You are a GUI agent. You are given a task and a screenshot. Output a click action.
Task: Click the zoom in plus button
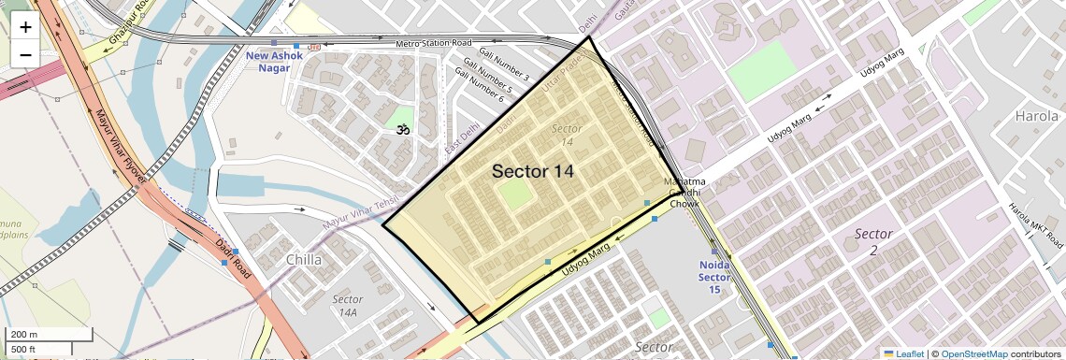click(25, 27)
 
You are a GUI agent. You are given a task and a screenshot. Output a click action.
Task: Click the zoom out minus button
click(25, 54)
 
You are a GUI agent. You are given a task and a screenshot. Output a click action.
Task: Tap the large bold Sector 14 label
click(532, 172)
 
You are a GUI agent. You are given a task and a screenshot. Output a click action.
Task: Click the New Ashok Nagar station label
click(274, 62)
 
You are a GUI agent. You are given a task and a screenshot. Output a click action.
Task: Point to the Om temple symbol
click(403, 130)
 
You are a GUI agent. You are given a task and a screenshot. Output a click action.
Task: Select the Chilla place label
click(304, 260)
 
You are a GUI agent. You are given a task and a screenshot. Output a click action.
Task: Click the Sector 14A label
click(347, 306)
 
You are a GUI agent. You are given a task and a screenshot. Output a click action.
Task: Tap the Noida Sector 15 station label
click(714, 277)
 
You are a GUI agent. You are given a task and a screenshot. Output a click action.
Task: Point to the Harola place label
click(1037, 117)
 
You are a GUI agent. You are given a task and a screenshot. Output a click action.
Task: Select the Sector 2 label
click(873, 241)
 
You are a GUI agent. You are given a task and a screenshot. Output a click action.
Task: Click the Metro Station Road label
click(434, 43)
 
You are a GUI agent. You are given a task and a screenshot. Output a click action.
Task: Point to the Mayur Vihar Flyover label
click(121, 150)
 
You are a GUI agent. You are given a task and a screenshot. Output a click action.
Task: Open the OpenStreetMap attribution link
click(973, 354)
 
